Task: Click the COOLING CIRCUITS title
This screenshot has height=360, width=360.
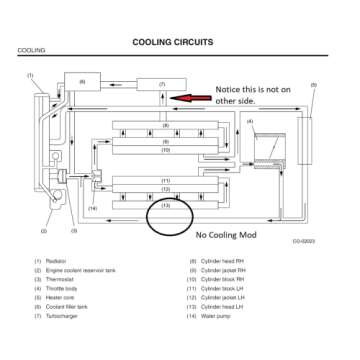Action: click(179, 42)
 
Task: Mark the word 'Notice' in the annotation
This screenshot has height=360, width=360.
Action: click(229, 89)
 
